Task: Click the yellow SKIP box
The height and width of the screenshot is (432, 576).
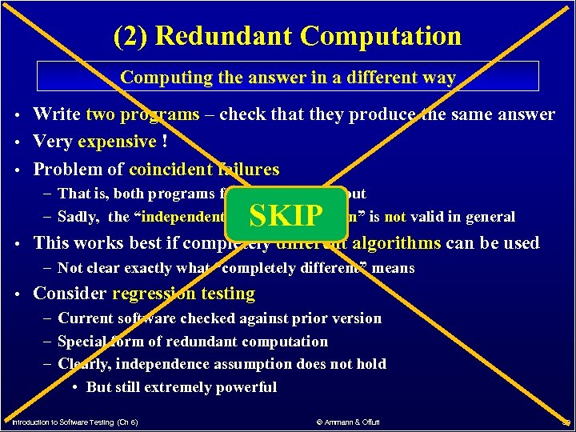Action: pyautogui.click(x=286, y=214)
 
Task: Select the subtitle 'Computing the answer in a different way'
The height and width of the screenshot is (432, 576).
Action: pyautogui.click(x=288, y=78)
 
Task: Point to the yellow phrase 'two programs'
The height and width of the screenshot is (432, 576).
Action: pyautogui.click(x=142, y=114)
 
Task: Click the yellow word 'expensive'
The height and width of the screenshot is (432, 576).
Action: pyautogui.click(x=118, y=142)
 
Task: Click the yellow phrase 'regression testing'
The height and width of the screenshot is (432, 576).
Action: pyautogui.click(x=183, y=294)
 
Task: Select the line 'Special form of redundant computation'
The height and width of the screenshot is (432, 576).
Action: pyautogui.click(x=193, y=342)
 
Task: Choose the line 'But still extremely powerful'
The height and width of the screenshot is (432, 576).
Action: pyautogui.click(x=181, y=387)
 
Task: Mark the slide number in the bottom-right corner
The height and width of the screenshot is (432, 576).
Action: pyautogui.click(x=565, y=421)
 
